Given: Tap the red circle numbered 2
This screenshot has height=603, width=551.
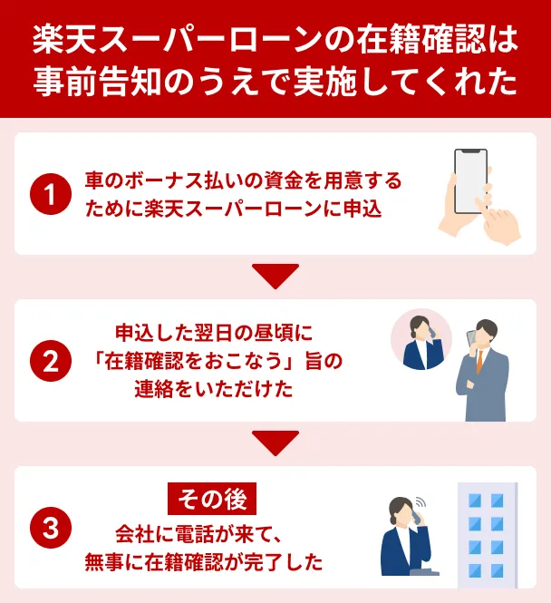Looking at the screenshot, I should click(x=51, y=361).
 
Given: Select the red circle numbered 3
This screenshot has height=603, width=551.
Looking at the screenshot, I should click(x=51, y=529).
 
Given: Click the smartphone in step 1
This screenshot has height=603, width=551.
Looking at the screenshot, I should click(x=470, y=181).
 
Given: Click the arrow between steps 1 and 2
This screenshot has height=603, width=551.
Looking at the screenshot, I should click(x=275, y=275).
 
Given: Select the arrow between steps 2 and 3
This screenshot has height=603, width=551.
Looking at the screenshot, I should click(x=275, y=442).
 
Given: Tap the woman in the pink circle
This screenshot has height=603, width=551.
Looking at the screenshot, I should click(x=420, y=340).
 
